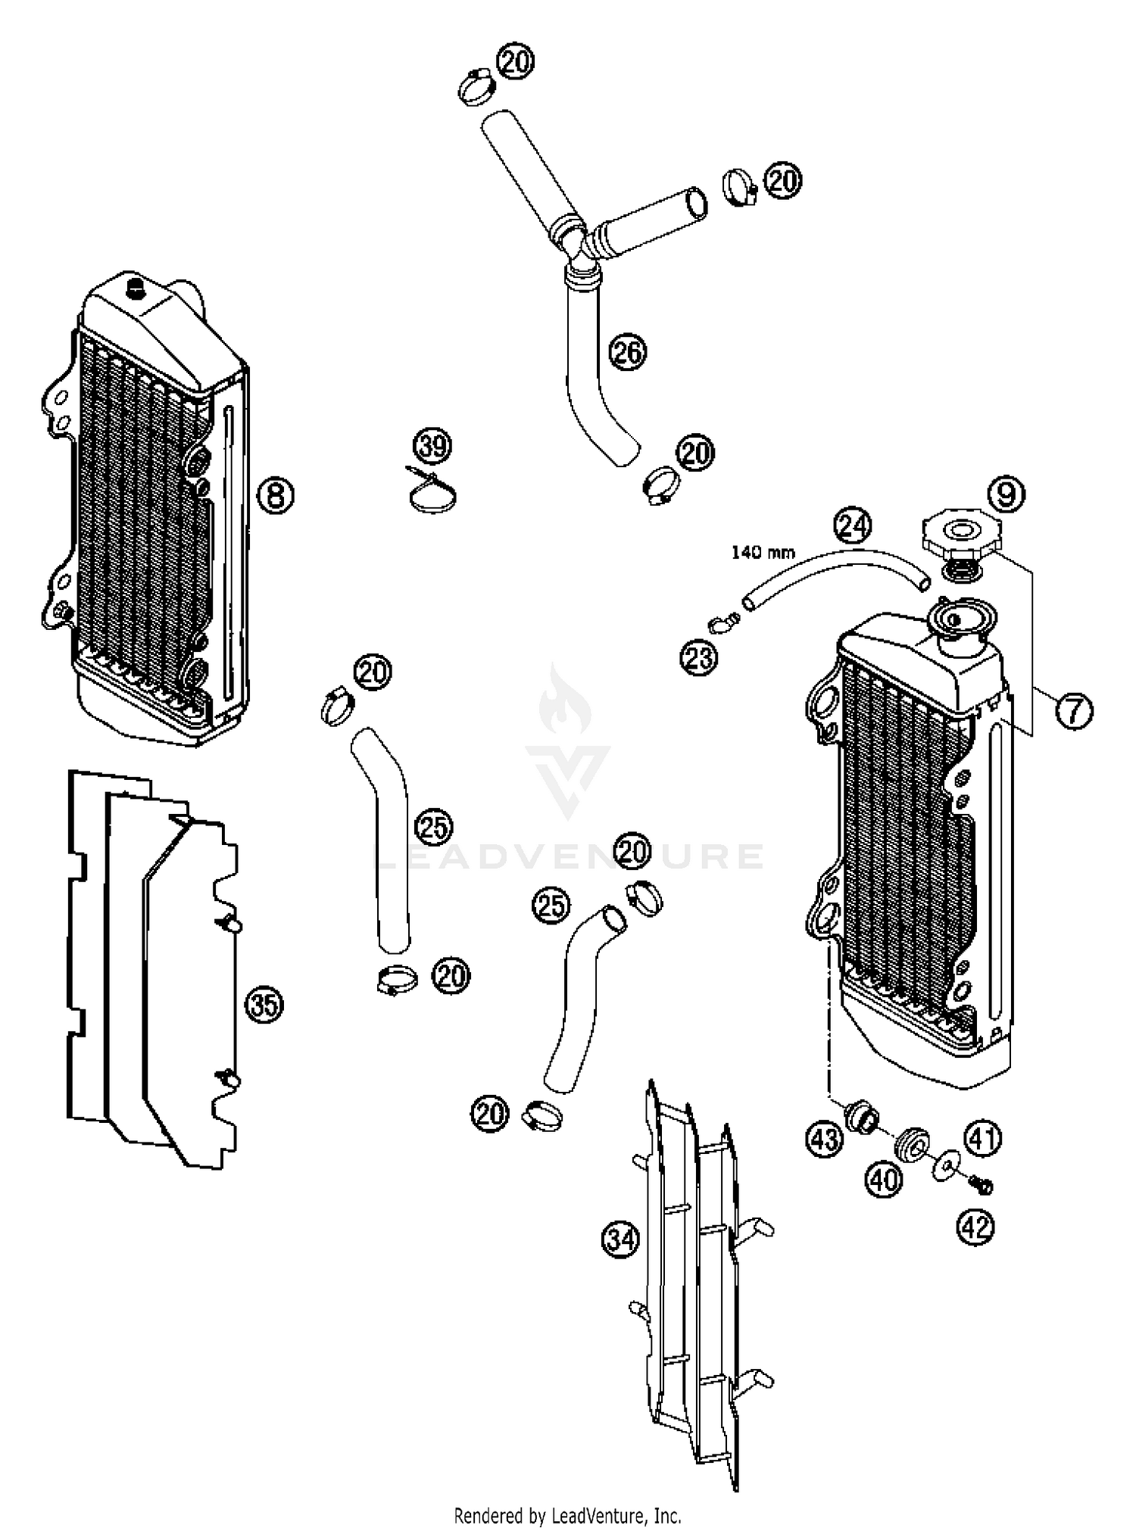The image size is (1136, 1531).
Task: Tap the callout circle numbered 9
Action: [x=1006, y=494]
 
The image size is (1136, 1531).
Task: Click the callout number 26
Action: [x=628, y=352]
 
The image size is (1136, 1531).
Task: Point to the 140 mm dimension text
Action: [x=763, y=552]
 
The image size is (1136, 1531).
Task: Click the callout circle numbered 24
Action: [x=853, y=525]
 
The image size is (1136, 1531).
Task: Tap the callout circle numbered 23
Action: [x=698, y=657]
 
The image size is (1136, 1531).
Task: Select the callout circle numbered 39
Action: [x=433, y=446]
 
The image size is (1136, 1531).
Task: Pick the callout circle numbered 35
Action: [x=264, y=1006]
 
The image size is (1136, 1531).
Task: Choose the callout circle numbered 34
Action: [x=621, y=1239]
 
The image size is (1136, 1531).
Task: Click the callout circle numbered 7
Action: [x=1074, y=712]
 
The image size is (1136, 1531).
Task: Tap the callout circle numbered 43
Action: [x=824, y=1138]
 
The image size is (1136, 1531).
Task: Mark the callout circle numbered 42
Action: [x=976, y=1227]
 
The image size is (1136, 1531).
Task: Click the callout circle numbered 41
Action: [x=982, y=1138]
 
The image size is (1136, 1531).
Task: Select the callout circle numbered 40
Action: [x=884, y=1179]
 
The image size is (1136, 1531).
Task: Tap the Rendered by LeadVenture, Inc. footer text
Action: [x=567, y=1513]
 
